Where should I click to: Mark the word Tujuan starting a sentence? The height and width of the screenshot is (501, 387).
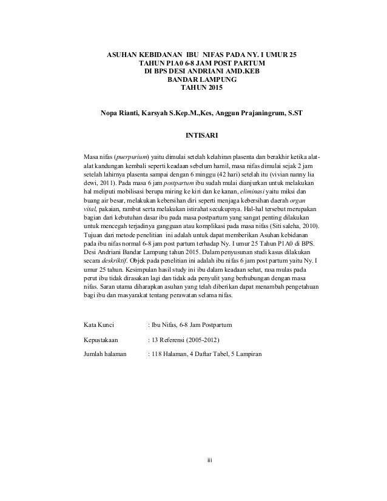[93, 233]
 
